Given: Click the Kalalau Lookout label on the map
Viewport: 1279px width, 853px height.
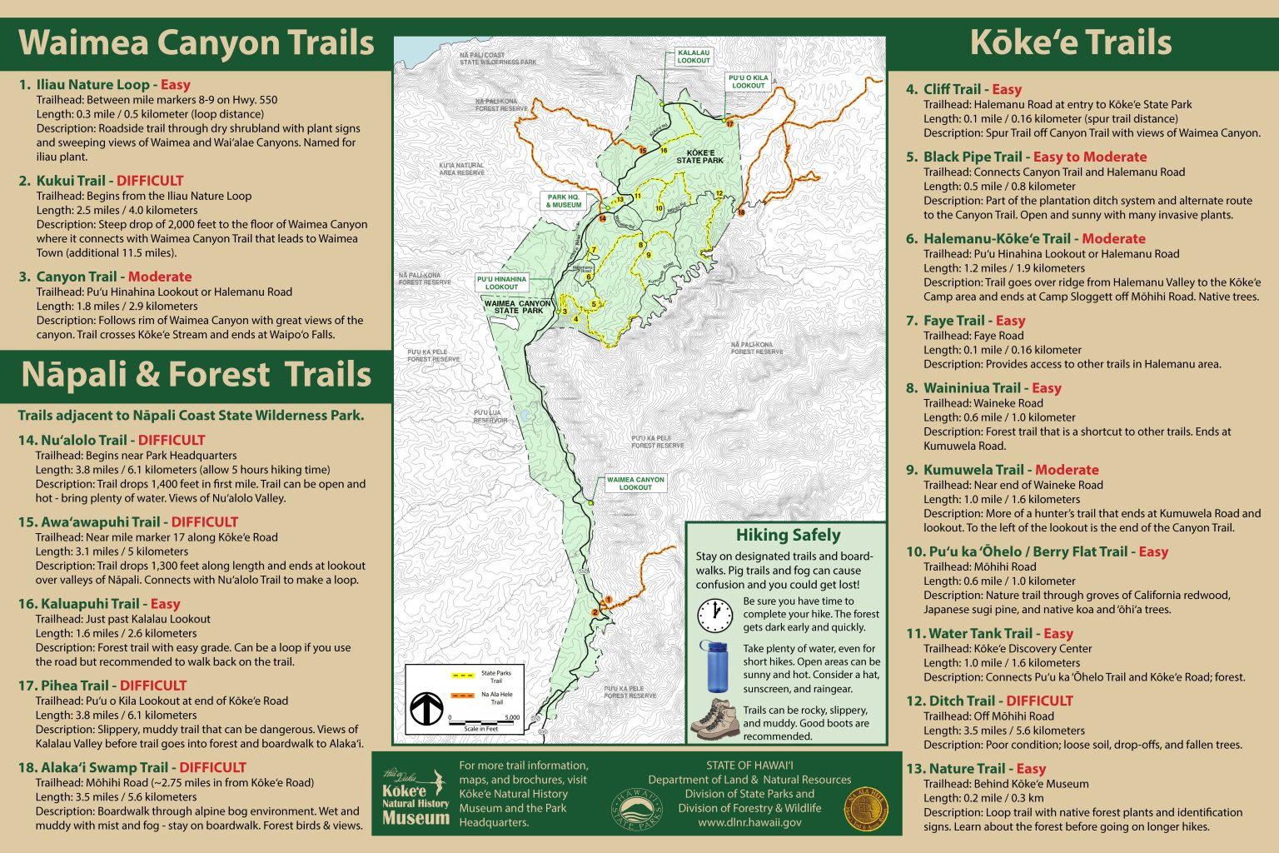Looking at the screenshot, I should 693,57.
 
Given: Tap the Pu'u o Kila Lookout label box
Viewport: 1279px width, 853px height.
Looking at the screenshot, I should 747,82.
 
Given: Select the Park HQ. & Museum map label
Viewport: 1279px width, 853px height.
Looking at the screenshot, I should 564,201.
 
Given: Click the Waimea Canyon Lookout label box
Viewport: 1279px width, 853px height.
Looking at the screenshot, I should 635,483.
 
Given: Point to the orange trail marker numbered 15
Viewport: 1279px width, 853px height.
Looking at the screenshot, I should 642,151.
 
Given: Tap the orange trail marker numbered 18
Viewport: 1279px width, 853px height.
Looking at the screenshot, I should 741,212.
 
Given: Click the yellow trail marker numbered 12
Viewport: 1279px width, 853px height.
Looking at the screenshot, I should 719,194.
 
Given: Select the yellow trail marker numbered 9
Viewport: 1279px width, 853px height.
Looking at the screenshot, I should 648,255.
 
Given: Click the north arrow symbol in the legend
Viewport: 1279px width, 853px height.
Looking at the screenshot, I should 426,709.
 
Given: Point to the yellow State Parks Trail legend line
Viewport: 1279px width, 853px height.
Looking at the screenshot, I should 463,676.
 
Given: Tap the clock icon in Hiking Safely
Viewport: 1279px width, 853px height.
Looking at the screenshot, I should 714,616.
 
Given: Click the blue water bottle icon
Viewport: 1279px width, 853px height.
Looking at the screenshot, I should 715,666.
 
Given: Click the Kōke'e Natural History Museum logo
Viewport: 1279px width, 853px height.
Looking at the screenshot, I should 415,797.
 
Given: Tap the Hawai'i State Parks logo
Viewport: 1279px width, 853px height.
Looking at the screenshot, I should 639,809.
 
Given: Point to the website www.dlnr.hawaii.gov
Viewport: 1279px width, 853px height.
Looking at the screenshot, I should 749,822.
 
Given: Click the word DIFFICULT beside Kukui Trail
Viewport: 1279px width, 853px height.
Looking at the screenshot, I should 150,181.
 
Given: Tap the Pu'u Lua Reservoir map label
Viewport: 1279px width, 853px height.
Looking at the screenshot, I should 490,417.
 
